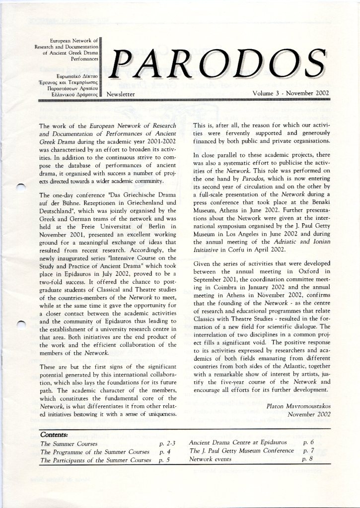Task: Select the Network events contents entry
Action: [x=208, y=460]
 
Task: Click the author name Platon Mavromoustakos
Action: [x=298, y=406]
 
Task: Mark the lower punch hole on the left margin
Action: [x=20, y=325]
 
